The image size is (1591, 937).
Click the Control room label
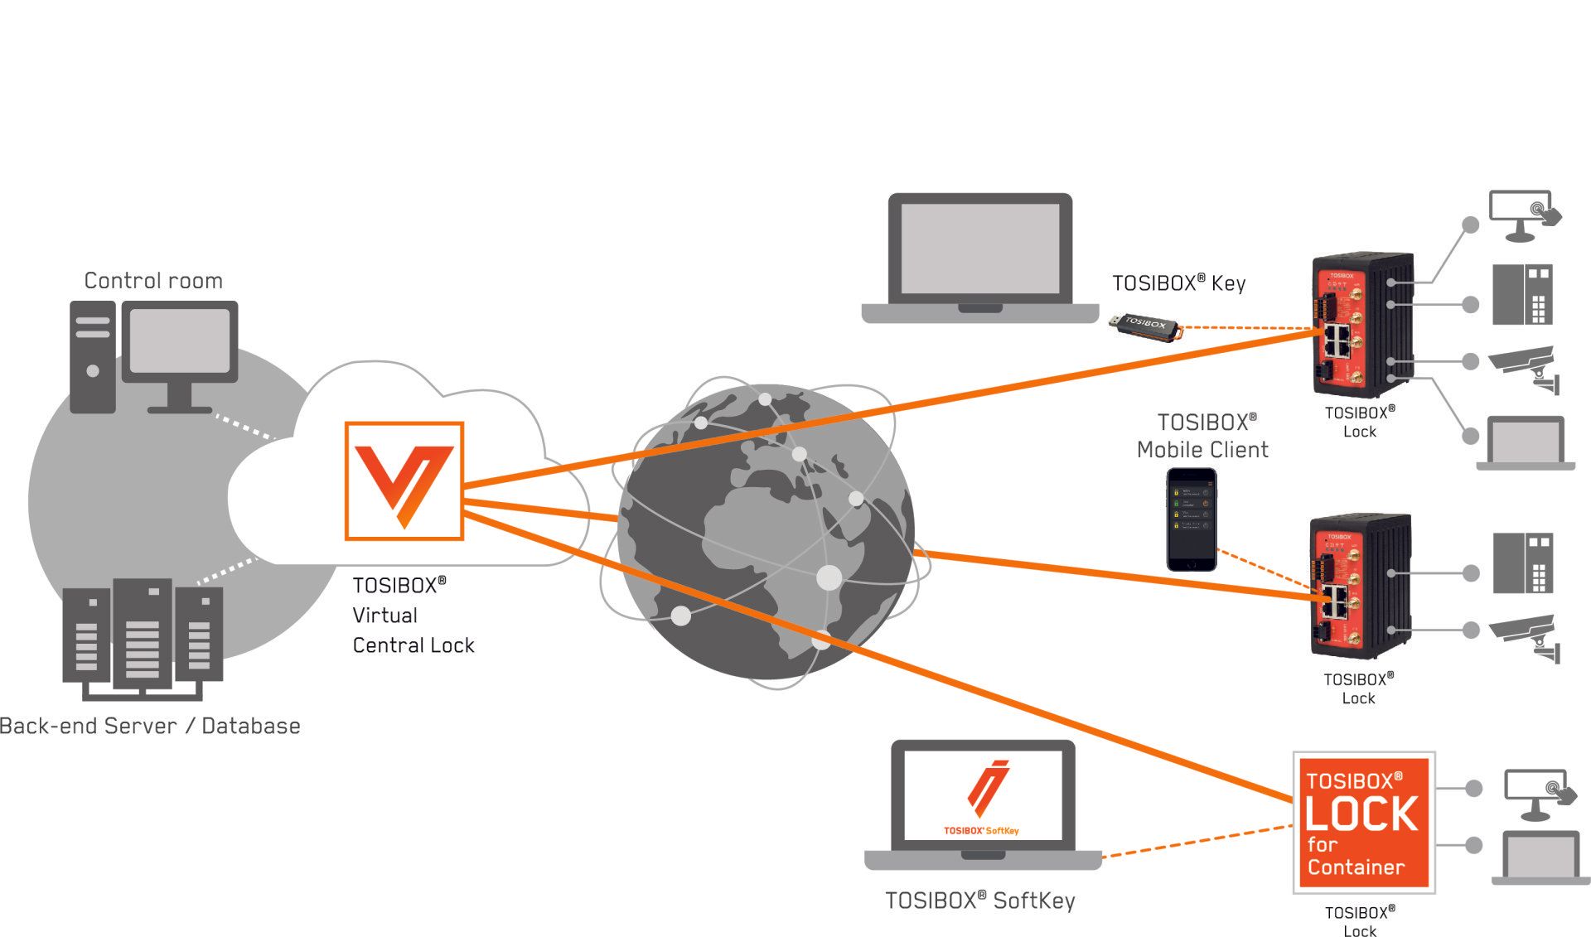click(x=153, y=281)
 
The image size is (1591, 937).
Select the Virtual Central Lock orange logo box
click(x=404, y=481)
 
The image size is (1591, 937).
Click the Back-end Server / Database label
click(x=150, y=727)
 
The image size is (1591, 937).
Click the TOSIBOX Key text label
click(x=1178, y=283)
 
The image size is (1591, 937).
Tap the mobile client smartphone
click(x=1192, y=519)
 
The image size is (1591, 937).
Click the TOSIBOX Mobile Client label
click(x=1202, y=436)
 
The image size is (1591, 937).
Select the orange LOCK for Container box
click(x=1363, y=823)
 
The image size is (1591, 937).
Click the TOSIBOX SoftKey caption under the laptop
click(x=979, y=901)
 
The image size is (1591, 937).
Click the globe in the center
click(x=766, y=530)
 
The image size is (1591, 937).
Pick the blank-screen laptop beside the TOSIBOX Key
click(x=979, y=257)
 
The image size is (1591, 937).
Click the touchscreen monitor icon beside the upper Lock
click(x=1524, y=215)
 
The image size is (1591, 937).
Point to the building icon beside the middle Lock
click(x=1522, y=563)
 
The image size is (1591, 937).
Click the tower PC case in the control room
click(x=92, y=357)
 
